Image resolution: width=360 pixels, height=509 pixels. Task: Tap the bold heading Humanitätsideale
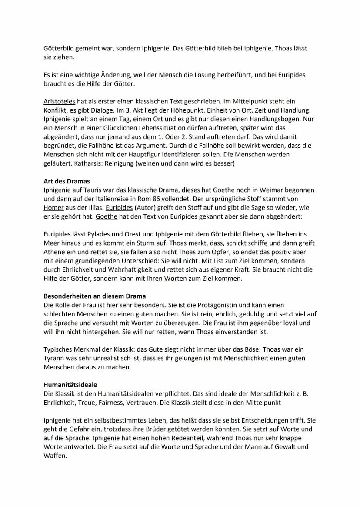(x=70, y=385)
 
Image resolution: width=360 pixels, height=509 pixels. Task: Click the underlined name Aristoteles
(x=59, y=101)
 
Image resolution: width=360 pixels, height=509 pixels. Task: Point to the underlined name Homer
(x=53, y=207)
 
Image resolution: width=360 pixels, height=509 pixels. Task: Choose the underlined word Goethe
(x=107, y=216)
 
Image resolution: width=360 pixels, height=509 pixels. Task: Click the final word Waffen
(x=55, y=456)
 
